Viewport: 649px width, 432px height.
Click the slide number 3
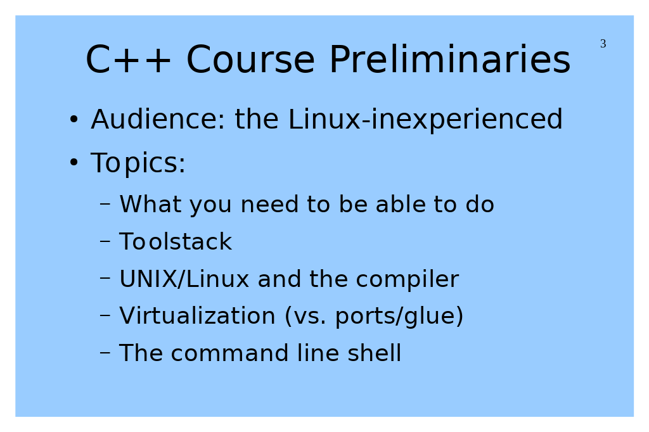[x=603, y=44]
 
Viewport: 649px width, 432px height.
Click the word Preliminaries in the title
[x=450, y=60]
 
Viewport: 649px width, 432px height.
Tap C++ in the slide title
[x=128, y=60]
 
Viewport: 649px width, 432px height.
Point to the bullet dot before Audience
[x=74, y=120]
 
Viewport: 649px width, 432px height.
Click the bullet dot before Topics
[x=74, y=163]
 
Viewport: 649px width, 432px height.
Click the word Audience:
[x=158, y=119]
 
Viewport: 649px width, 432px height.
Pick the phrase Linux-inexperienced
[x=425, y=120]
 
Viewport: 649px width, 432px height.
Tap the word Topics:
[x=138, y=163]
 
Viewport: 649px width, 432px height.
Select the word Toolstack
[x=176, y=241]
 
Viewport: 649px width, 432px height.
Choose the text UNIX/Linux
[x=184, y=279]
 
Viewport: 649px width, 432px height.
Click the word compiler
[x=408, y=279]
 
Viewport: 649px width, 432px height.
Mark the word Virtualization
[x=198, y=315]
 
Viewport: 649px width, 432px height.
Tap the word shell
[x=374, y=353]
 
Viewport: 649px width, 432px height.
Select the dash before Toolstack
[x=105, y=241]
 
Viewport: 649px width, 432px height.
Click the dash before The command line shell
[x=105, y=353]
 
